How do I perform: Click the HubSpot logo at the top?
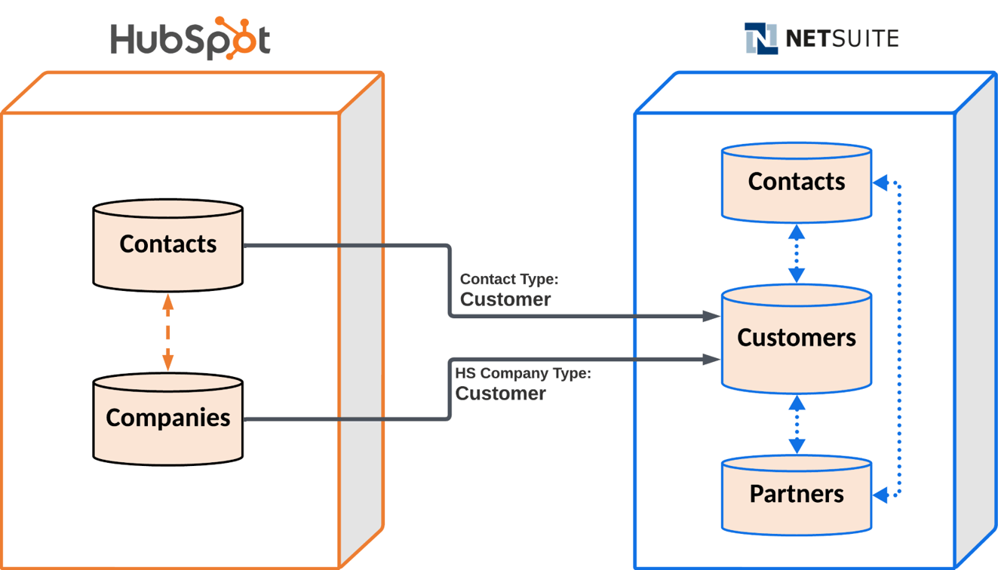[190, 39]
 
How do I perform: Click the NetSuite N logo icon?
[760, 38]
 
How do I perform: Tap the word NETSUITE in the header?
[842, 38]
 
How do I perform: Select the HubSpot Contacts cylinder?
[167, 244]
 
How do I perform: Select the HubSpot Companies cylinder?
[167, 418]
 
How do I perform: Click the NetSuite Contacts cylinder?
[797, 182]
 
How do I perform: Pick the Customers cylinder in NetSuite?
[797, 338]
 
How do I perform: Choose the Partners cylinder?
[797, 494]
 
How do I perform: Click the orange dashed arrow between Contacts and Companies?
[167, 332]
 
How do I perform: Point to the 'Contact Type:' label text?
[509, 280]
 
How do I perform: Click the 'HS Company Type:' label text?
[523, 373]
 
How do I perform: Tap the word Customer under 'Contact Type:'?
[505, 299]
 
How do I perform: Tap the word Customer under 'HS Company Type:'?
[500, 394]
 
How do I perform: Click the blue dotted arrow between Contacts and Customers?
[797, 253]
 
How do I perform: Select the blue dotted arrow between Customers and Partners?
[797, 424]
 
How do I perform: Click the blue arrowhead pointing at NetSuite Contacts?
[880, 182]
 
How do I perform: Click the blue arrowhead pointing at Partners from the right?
[880, 495]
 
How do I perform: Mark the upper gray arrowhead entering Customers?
[711, 316]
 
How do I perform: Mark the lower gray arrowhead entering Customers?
[711, 360]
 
